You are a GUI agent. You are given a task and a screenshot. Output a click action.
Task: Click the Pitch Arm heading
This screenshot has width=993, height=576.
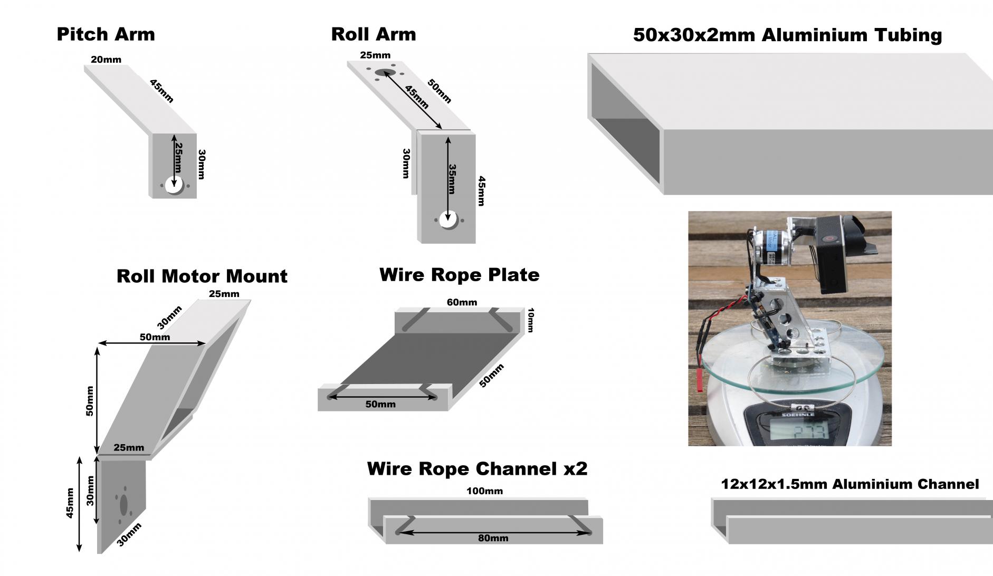tap(106, 34)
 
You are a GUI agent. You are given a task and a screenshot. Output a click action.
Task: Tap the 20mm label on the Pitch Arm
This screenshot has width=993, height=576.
tap(106, 60)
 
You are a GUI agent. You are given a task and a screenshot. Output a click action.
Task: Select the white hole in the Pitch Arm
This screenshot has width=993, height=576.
tap(174, 186)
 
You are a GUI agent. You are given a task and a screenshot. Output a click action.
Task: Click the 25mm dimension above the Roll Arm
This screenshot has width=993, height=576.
tap(375, 55)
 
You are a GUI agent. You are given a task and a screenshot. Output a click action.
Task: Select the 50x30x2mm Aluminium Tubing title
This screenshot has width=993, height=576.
tap(787, 35)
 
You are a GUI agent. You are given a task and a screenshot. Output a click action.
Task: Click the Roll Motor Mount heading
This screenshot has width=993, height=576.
tap(202, 276)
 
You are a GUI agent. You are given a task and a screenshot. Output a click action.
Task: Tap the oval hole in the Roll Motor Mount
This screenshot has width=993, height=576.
tap(124, 505)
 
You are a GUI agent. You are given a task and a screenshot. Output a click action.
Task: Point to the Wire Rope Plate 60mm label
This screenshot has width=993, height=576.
tap(462, 302)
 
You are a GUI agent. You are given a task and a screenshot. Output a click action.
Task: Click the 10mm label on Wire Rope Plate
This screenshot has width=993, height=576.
tap(530, 320)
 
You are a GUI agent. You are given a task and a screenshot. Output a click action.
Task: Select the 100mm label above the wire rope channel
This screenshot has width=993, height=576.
tap(484, 491)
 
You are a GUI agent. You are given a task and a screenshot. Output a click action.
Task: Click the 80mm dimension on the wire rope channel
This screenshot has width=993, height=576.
tap(493, 538)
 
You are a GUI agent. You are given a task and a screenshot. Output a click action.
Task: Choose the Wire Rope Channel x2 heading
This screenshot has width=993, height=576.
tap(477, 468)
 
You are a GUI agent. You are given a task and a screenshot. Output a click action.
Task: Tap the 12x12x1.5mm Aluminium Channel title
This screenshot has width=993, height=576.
tap(849, 484)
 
